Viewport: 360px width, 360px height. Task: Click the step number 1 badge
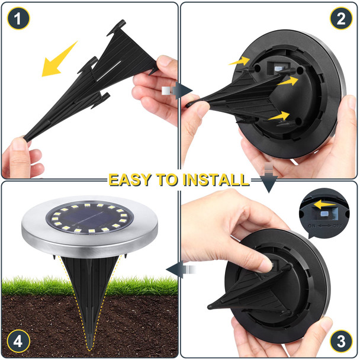(x=18, y=19)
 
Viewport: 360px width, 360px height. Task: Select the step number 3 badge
(x=340, y=340)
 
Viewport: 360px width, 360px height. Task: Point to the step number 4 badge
(x=18, y=340)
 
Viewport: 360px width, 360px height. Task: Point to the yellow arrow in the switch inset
(x=323, y=205)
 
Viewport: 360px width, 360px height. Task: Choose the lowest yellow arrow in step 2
(x=279, y=116)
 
